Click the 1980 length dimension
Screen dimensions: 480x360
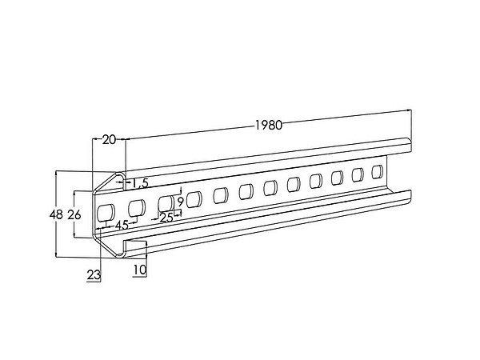coord(269,125)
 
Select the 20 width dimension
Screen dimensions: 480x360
coord(109,139)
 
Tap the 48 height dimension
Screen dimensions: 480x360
coord(56,215)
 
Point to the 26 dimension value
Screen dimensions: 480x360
coord(74,215)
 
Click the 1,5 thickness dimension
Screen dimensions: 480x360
coord(140,183)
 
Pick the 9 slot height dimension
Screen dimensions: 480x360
coord(180,202)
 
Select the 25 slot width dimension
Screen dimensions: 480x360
coord(166,218)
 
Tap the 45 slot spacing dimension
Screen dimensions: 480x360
coord(122,226)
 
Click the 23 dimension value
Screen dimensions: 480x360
coord(94,275)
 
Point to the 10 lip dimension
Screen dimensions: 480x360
coord(140,270)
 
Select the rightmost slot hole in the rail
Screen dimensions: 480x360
coord(377,172)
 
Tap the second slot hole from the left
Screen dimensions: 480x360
coord(137,207)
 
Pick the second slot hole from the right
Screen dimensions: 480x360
coord(358,175)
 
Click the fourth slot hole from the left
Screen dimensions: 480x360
coord(194,199)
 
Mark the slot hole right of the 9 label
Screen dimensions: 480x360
coord(194,199)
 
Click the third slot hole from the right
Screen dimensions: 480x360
coord(337,178)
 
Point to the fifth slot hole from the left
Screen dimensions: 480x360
coord(221,195)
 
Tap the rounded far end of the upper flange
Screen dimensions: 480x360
coord(409,145)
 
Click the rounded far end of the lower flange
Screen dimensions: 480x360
coord(409,196)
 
